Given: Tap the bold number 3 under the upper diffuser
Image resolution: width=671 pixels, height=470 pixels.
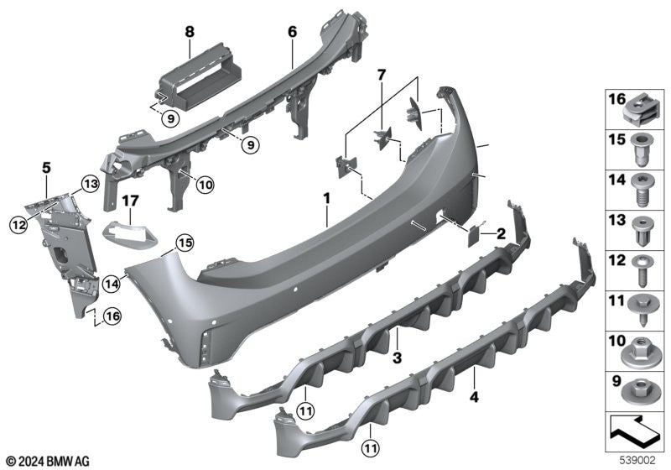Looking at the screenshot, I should pos(398,358).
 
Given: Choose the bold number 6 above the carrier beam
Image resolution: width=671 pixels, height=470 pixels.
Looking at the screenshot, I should pos(292,32).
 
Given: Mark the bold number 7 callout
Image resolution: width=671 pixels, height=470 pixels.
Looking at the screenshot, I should pos(381,77).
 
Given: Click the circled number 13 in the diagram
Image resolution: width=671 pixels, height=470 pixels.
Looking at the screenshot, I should pos(90,184).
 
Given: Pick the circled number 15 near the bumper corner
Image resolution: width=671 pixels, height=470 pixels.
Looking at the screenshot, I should pos(184,243).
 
